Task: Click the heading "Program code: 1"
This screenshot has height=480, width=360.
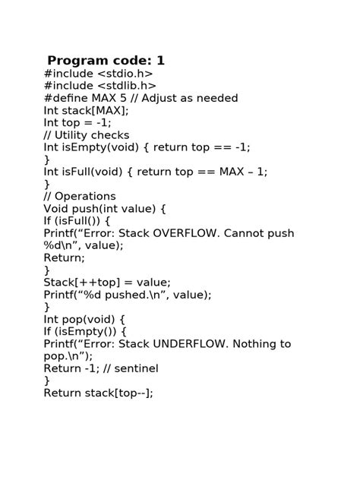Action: (x=106, y=61)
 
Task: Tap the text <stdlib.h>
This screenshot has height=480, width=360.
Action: (x=127, y=86)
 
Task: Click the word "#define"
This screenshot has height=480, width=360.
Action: (x=66, y=98)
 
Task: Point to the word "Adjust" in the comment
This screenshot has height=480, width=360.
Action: (x=159, y=99)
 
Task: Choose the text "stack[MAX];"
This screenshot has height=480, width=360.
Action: (x=95, y=111)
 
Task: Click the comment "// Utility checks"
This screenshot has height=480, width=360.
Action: (x=87, y=135)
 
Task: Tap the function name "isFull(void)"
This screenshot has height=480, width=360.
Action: (x=92, y=172)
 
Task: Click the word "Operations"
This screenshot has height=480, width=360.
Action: (x=85, y=197)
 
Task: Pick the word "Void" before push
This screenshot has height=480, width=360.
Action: (x=56, y=209)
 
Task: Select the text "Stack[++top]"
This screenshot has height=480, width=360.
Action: (x=82, y=283)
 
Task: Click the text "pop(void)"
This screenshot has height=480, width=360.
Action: (x=88, y=320)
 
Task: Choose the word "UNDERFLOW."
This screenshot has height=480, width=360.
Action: (x=191, y=344)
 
